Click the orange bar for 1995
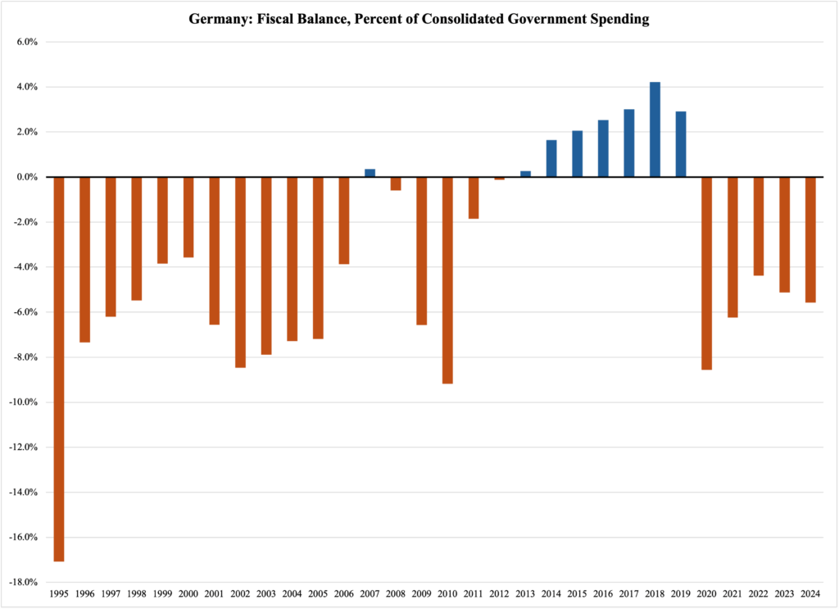59,369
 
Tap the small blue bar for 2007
370,173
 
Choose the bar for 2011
474,198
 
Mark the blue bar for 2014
551,158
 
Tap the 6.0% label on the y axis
26,42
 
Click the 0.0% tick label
26,177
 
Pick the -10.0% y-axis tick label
23,402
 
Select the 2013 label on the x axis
525,593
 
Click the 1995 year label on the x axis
59,593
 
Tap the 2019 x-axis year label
681,593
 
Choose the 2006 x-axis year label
344,593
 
